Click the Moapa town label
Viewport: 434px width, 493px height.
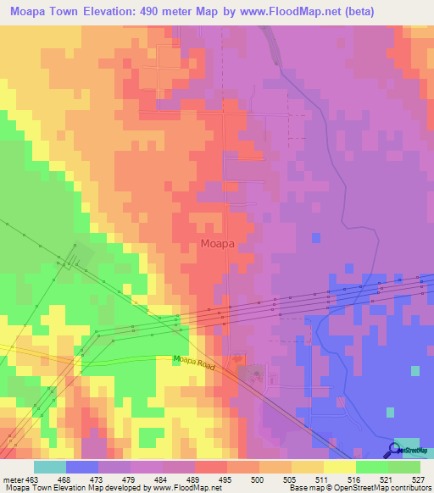pyautogui.click(x=218, y=243)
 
